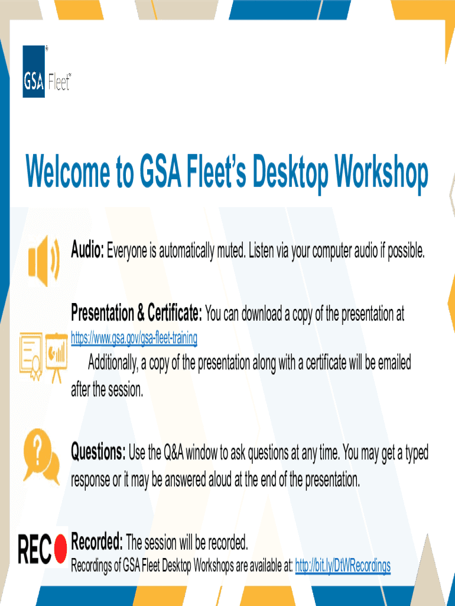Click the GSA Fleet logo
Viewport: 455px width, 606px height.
[x=46, y=72]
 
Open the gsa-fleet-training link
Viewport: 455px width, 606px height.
[x=134, y=339]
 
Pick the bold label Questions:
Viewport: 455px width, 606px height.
[x=98, y=453]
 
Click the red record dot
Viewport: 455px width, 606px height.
[x=60, y=549]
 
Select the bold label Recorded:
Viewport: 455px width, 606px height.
[x=97, y=541]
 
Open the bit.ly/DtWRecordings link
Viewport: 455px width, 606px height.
[x=343, y=566]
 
